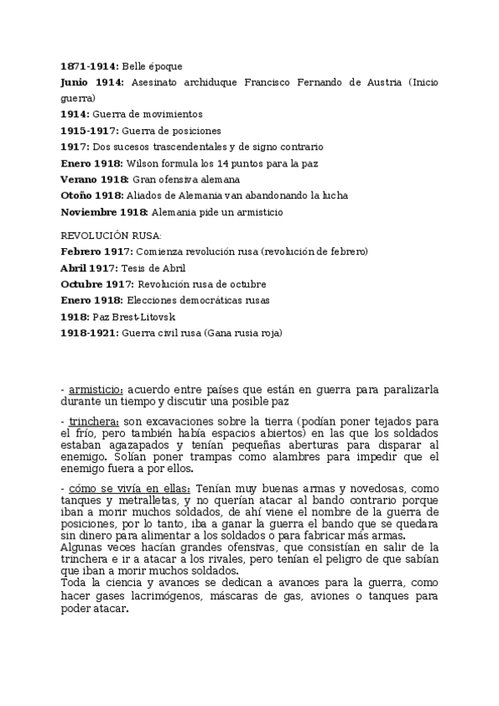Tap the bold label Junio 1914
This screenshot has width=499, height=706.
tap(92, 82)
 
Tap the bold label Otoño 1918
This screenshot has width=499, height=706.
tap(92, 196)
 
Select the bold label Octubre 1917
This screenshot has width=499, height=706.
tap(97, 284)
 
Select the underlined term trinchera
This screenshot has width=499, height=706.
tap(94, 421)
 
